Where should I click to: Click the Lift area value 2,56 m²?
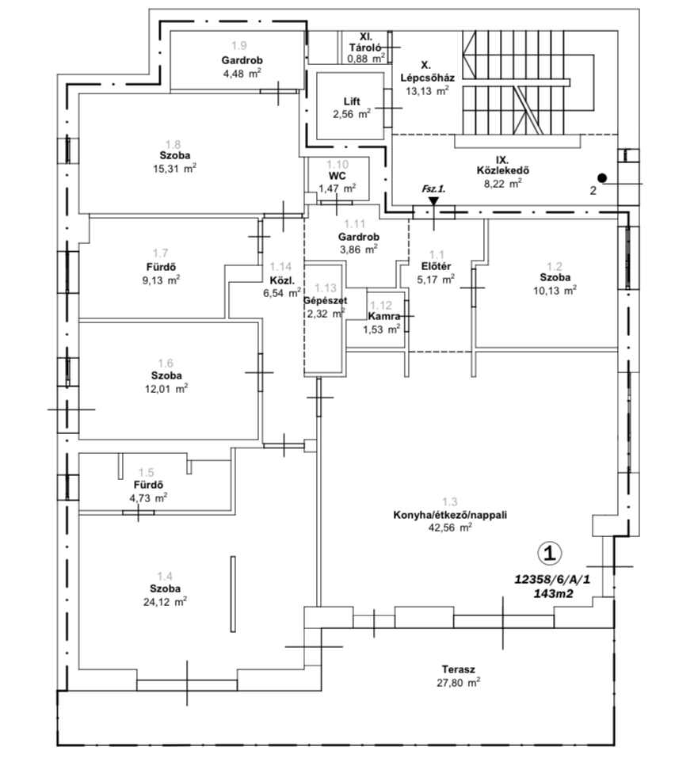352,113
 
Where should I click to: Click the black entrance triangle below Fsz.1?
433,202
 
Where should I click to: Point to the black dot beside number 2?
602,178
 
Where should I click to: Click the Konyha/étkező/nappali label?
449,515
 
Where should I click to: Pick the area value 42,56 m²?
449,528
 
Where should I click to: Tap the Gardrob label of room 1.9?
242,60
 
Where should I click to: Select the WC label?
337,176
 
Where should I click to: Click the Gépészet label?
326,300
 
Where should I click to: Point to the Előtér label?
436,266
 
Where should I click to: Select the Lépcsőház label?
426,78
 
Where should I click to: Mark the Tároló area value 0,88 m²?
367,57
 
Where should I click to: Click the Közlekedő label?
502,170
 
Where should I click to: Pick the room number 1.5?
146,472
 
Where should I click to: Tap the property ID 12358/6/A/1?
552,580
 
